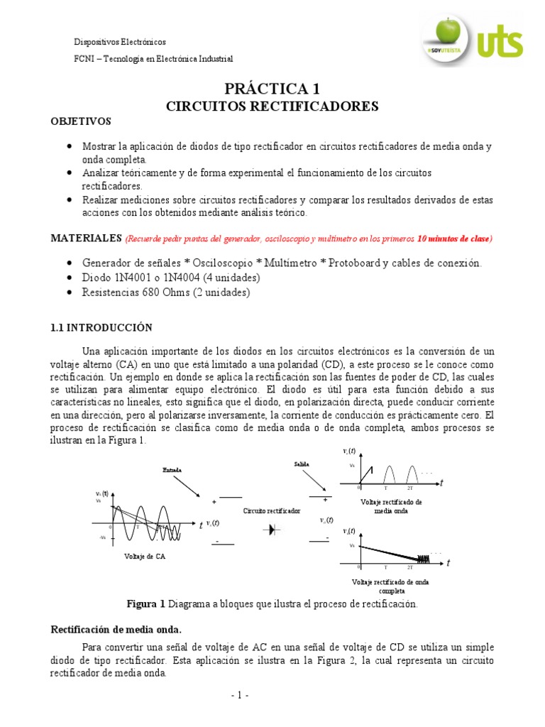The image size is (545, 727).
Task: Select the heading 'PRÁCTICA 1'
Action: pos(272,89)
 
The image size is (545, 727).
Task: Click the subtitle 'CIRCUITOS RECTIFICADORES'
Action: pos(272,106)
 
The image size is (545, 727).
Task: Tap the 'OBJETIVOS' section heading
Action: pos(81,121)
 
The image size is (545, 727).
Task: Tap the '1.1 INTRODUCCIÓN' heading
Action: pos(101,327)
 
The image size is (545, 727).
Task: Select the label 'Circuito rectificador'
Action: pos(272,510)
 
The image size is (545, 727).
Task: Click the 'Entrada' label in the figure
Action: pos(172,470)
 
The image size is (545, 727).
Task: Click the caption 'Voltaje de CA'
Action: pos(141,557)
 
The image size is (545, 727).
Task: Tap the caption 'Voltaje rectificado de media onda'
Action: pos(387,506)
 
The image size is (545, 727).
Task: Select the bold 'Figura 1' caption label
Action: pos(145,604)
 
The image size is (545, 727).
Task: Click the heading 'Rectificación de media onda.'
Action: pos(116,629)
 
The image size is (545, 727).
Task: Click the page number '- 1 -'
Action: pos(239,696)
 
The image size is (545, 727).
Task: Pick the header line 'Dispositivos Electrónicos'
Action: pos(121,43)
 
